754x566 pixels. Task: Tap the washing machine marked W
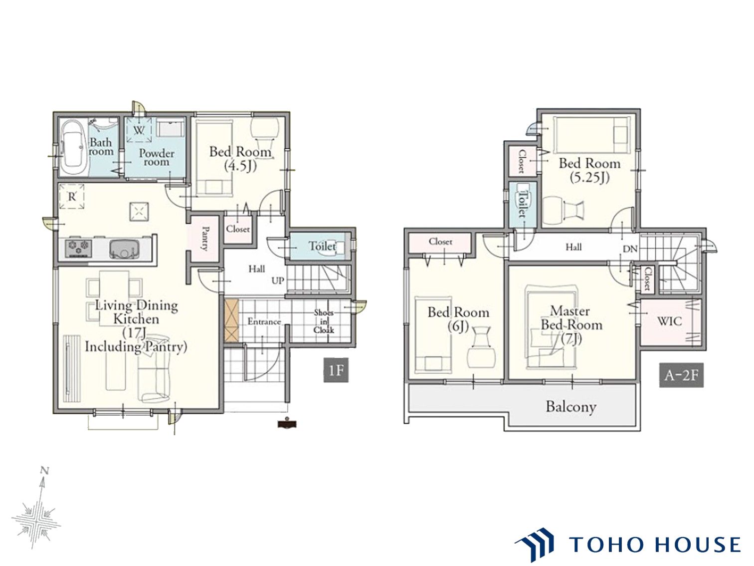(139, 129)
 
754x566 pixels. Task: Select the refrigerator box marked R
(72, 196)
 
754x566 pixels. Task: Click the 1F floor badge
(336, 370)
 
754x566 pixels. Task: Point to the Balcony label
(571, 407)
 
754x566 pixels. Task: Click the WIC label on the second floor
(670, 321)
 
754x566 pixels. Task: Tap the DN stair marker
(630, 249)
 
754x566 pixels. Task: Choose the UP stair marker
(278, 281)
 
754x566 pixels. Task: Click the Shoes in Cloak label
(324, 321)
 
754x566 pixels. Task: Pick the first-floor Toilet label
(322, 246)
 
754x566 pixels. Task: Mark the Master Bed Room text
(571, 318)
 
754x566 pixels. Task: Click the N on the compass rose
(44, 470)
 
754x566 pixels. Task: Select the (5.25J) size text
(589, 178)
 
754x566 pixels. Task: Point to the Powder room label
(157, 157)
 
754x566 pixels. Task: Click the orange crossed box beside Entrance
(231, 320)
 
